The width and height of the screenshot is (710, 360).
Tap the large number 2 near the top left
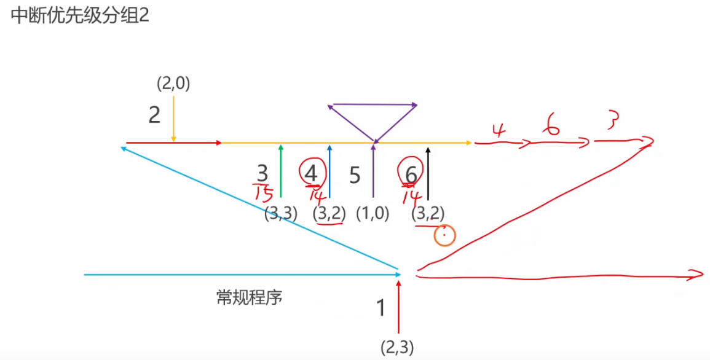coord(154,115)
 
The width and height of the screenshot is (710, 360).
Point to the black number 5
coord(355,175)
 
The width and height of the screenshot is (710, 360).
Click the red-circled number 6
coord(411,173)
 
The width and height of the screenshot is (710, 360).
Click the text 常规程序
coord(249,298)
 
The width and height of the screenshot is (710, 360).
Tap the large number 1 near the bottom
coord(381,307)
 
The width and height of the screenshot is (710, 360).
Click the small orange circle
coord(444,235)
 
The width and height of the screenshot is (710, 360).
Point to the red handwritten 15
coord(264,194)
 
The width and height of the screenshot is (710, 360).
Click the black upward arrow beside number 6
coord(428,172)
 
